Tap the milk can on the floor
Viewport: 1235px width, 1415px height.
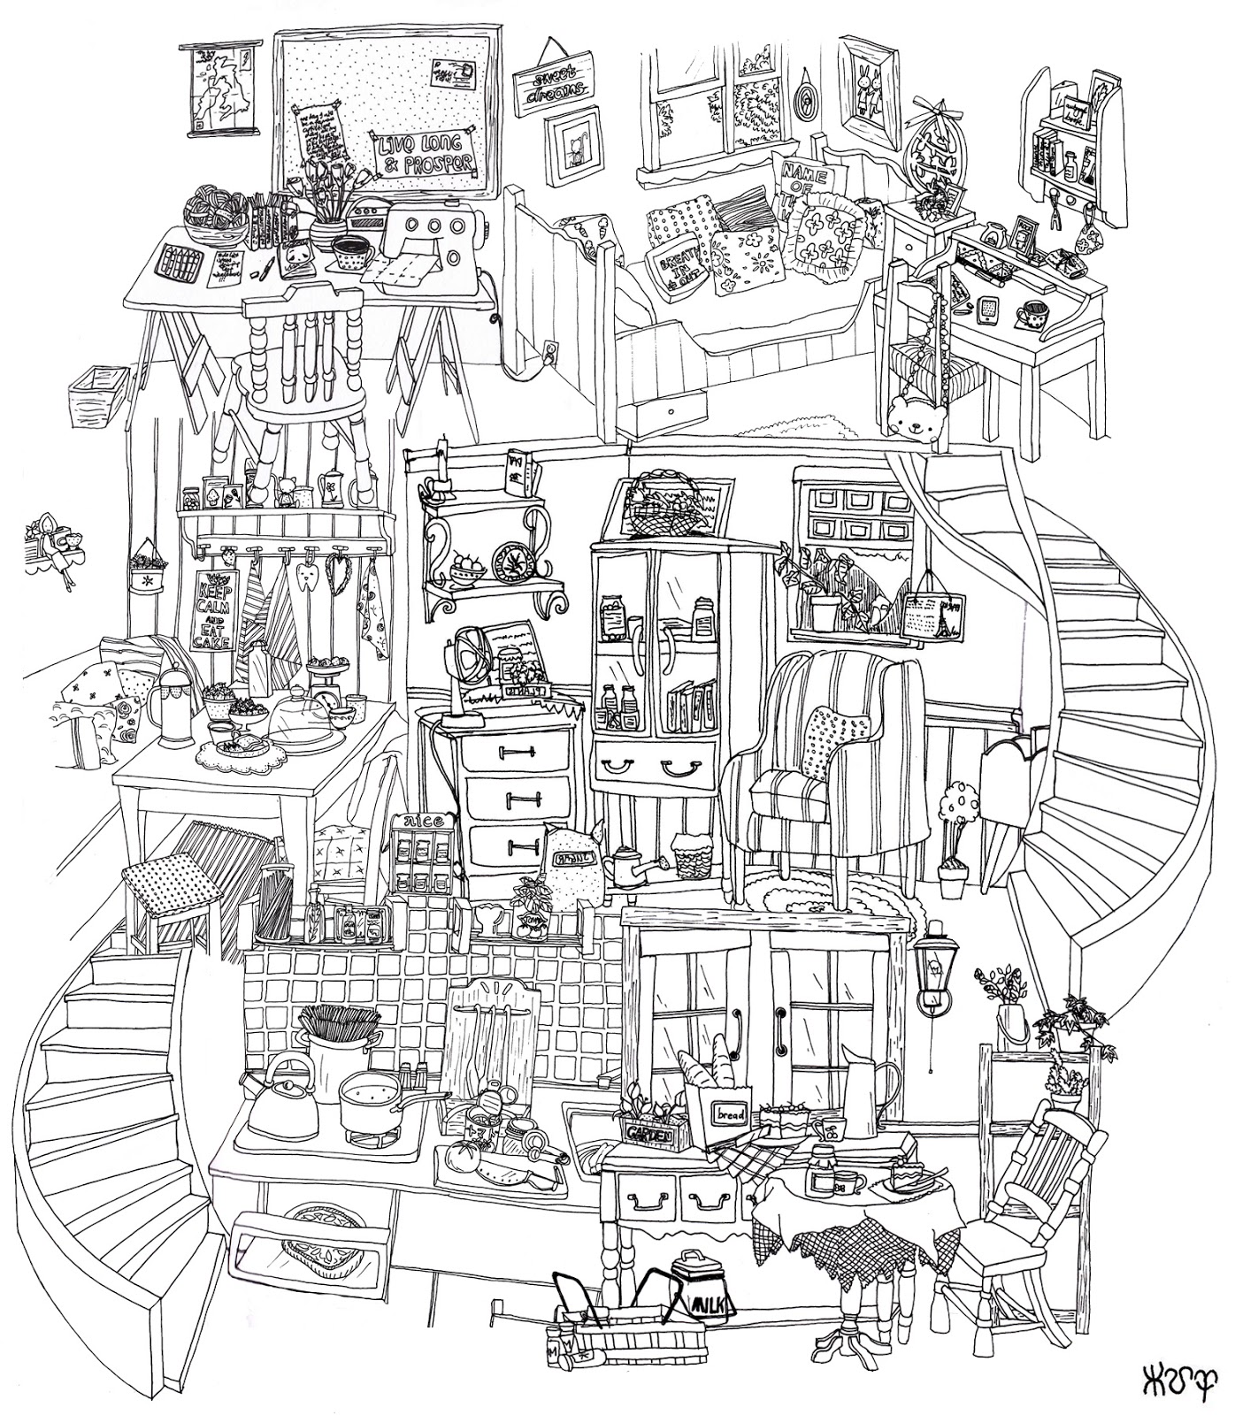click(699, 1296)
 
